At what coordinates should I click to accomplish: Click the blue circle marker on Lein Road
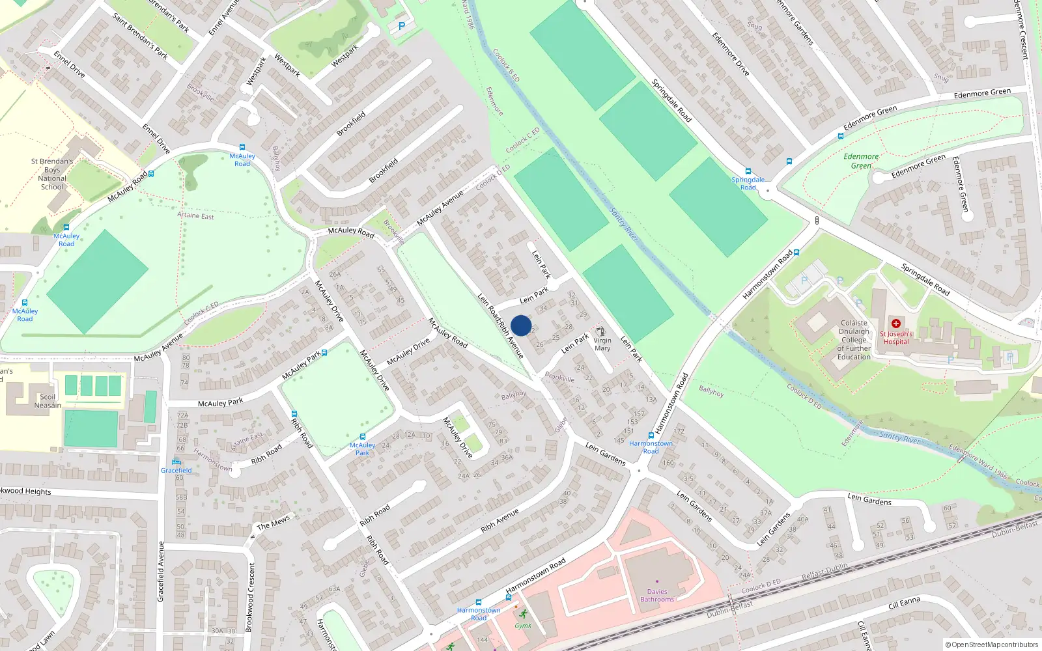coord(521,325)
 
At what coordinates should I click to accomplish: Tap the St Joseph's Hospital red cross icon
coord(896,324)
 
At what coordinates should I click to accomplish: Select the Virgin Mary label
coord(602,344)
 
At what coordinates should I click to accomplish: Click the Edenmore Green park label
coord(861,161)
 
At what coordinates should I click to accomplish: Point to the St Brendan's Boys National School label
coord(52,174)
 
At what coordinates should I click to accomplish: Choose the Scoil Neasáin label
coord(48,401)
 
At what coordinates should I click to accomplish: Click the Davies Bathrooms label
coord(657,595)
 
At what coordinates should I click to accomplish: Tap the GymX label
coord(523,626)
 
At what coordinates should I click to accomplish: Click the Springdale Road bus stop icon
coord(748,172)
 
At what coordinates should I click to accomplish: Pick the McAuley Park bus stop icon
coord(363,437)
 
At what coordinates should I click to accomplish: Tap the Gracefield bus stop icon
coord(176,462)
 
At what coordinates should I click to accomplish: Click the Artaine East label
coord(195,215)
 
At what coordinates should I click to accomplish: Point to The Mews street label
coord(273,523)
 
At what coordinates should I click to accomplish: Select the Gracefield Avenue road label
coord(161,571)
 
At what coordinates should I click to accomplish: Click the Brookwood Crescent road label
coord(249,597)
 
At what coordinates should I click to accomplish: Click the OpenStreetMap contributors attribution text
coord(992,644)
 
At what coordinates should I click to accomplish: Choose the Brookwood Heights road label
coord(26,492)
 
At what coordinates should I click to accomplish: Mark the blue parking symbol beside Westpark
coord(402,27)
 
